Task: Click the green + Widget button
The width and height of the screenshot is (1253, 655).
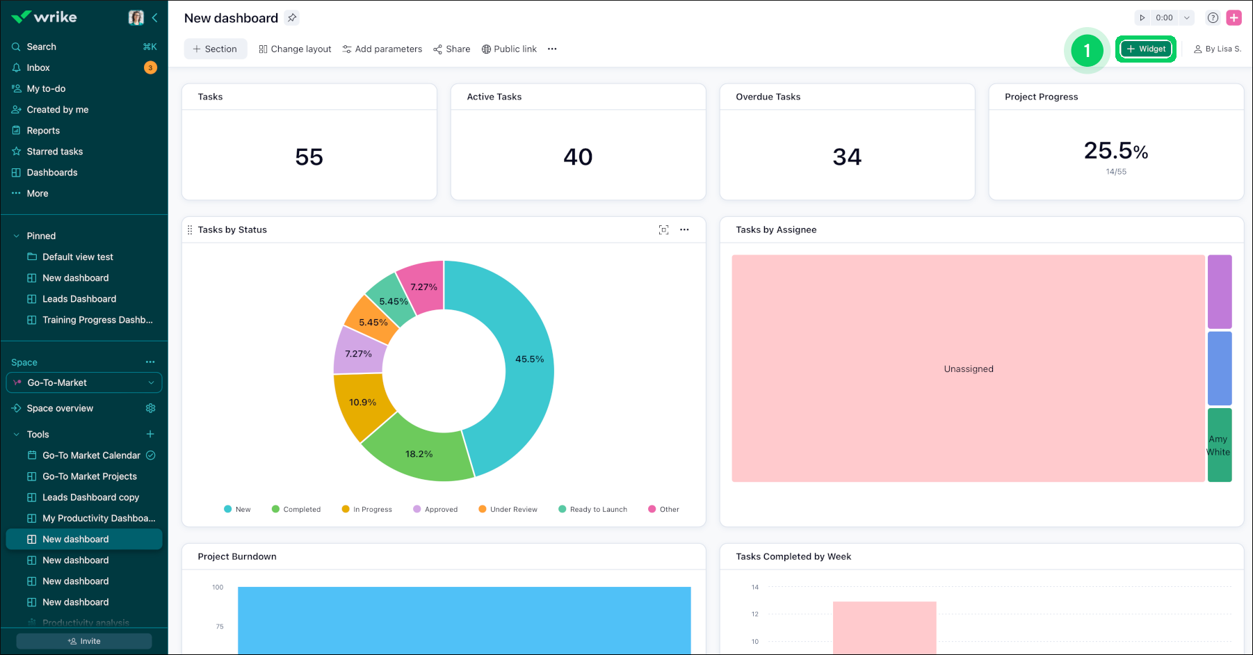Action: (x=1145, y=49)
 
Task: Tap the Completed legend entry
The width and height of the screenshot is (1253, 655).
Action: (x=296, y=509)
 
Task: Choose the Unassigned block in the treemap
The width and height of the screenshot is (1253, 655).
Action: (x=968, y=369)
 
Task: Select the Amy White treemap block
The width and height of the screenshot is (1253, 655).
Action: (x=1219, y=445)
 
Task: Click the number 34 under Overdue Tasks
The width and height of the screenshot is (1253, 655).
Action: (x=846, y=157)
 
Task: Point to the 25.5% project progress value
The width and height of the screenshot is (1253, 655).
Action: (x=1115, y=151)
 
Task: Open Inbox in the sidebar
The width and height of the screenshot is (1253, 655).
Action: (x=38, y=67)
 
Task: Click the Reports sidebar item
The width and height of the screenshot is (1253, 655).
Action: (x=43, y=131)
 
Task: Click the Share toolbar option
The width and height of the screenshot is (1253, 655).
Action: (x=452, y=49)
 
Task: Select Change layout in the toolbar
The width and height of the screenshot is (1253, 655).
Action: (x=295, y=49)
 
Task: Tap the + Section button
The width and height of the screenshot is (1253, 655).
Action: (x=215, y=49)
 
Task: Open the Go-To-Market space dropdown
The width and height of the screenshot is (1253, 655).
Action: (x=83, y=382)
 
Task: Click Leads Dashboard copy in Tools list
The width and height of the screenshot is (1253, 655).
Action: (x=90, y=497)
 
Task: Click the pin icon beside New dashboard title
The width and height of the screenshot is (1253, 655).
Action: (x=292, y=18)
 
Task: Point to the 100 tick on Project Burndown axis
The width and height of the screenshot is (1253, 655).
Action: (x=218, y=587)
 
